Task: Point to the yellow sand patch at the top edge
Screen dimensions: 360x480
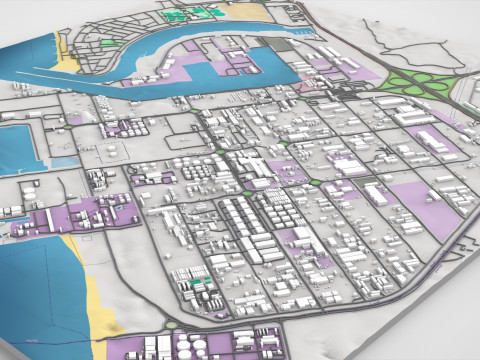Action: click(245, 12)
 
